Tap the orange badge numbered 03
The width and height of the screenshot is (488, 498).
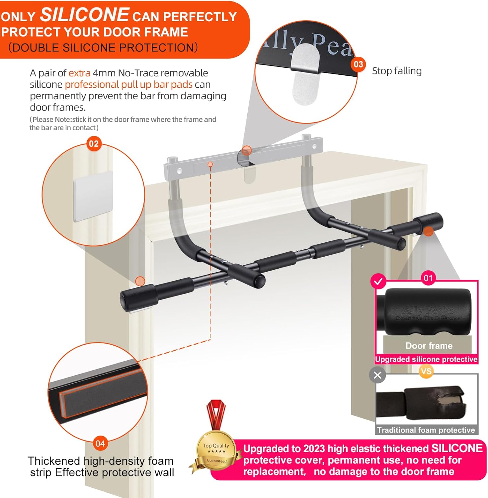coord(358,64)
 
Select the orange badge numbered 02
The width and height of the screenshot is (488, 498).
coord(94,144)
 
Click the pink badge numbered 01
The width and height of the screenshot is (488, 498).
coord(428,278)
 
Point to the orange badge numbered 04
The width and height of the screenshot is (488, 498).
coord(100,444)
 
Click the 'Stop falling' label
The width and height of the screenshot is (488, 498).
coord(397,71)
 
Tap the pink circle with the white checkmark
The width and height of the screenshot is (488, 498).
coord(378,282)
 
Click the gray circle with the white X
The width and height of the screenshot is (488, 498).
coord(377,375)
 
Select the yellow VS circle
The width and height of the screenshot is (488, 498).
coord(426,371)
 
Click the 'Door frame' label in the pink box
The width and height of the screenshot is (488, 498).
coord(429,346)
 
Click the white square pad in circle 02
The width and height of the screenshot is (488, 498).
coord(93,196)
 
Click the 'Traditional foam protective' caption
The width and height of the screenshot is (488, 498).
coord(426,430)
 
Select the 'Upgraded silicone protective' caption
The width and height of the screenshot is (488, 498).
coord(426,359)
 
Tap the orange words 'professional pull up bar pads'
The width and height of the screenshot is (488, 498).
coord(128,84)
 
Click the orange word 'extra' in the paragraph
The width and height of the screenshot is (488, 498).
coord(79,73)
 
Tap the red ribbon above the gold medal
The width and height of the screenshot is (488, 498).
coord(216,415)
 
